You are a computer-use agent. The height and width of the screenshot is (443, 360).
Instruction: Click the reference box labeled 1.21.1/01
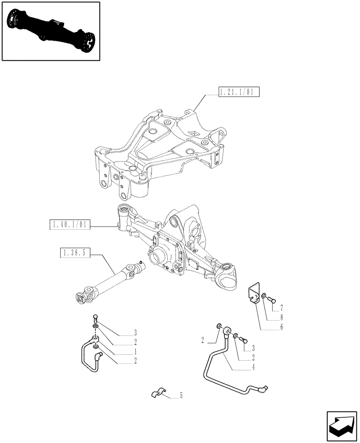(239, 93)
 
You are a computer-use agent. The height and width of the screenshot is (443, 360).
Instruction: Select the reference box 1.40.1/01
(70, 225)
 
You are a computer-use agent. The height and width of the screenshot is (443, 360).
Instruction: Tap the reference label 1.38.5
(74, 253)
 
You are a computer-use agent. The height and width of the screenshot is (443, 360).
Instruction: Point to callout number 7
(281, 307)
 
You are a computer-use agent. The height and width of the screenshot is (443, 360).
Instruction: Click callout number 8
(281, 318)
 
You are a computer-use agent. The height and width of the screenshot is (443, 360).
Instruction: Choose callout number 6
(281, 328)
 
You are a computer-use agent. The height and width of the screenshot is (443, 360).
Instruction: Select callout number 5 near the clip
(181, 396)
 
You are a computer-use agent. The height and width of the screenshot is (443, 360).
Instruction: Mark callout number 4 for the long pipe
(253, 367)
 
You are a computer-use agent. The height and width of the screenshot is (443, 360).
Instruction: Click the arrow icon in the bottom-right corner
(341, 425)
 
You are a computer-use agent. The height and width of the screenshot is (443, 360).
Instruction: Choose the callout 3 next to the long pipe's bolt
(253, 348)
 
